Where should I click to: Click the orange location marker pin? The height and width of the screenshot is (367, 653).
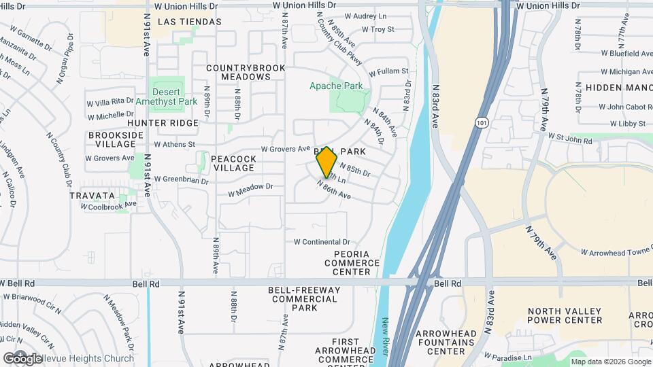coord(327,162)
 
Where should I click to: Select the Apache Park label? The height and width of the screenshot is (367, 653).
coord(336,86)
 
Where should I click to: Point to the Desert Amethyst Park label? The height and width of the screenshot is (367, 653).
coord(166,97)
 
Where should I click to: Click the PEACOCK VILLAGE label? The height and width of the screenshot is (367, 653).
coord(233,163)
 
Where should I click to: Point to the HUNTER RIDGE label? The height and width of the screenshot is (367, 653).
coord(163,123)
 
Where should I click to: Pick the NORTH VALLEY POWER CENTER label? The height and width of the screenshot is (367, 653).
coord(565,315)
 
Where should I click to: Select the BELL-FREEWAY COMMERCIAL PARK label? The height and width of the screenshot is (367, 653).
coord(304,298)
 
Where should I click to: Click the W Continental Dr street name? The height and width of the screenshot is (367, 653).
coord(322,242)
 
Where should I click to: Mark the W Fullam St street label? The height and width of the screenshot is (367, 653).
coord(388,71)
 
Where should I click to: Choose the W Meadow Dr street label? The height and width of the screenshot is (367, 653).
coord(250,186)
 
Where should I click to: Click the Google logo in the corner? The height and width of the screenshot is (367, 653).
coord(22,358)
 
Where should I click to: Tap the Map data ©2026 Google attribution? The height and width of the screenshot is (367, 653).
coord(610,362)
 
